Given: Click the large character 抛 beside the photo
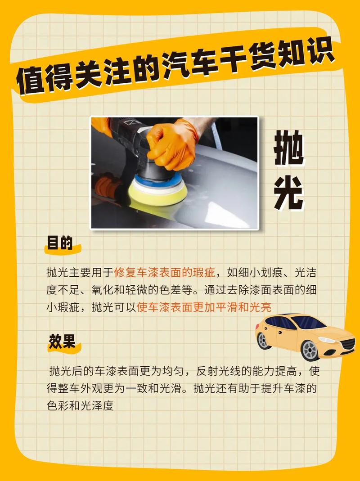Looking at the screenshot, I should (x=288, y=148).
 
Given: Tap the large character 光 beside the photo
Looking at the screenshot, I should (x=288, y=194).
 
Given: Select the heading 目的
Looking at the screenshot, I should (x=60, y=243).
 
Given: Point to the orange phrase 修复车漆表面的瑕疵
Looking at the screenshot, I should (x=165, y=273).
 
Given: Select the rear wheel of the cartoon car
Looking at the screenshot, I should (x=263, y=341).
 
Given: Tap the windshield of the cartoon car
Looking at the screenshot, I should (x=308, y=322).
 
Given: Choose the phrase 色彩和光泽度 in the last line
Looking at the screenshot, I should (x=80, y=405).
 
